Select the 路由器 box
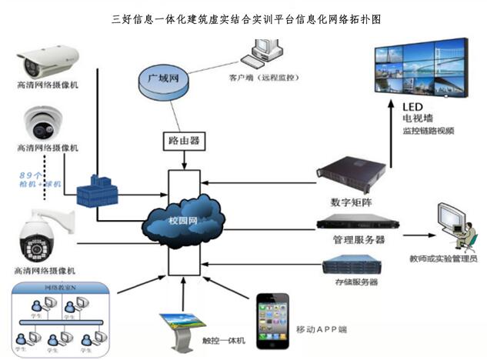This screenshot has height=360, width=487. coord(184,142)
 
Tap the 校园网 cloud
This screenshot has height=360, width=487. coord(182,221)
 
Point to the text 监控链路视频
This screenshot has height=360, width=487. coord(429,131)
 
